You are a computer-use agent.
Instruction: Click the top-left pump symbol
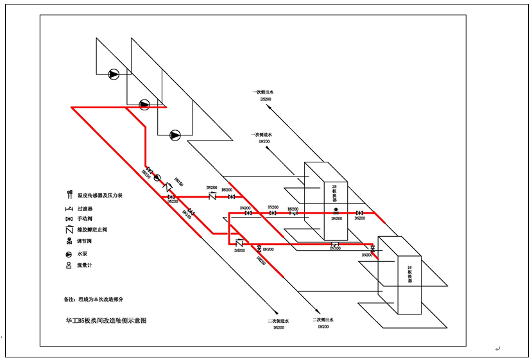[x=114, y=74]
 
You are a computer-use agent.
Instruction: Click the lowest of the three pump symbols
[x=175, y=135]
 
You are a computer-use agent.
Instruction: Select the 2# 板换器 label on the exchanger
[x=334, y=194]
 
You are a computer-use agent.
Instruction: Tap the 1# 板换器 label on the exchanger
[x=409, y=275]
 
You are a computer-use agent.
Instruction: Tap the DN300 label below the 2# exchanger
[x=335, y=248]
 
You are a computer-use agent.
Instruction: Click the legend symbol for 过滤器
[x=68, y=208]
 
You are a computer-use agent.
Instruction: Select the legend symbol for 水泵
[x=68, y=253]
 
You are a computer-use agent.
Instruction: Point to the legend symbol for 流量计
[x=68, y=265]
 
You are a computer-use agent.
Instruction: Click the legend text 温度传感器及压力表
[x=99, y=195]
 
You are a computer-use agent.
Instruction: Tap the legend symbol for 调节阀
[x=68, y=242]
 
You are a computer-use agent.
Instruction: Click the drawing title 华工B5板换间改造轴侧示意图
[x=106, y=320]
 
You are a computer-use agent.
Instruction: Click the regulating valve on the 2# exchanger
[x=336, y=212]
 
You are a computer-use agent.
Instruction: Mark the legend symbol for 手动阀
[x=68, y=219]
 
